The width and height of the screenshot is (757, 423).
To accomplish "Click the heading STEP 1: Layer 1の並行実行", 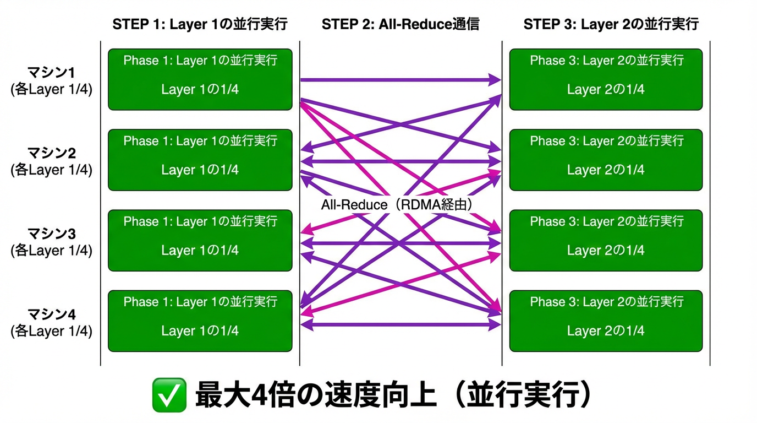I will (200, 24).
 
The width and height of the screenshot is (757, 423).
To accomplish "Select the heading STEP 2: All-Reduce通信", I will (400, 24).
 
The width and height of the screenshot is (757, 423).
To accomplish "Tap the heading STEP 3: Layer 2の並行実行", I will (611, 24).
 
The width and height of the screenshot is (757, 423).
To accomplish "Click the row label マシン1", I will (52, 73).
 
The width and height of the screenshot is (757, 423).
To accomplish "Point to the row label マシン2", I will (52, 153).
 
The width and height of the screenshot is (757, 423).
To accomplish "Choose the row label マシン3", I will (52, 234).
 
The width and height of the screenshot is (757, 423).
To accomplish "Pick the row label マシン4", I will (52, 314).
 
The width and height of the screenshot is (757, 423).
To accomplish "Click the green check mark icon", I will (169, 395).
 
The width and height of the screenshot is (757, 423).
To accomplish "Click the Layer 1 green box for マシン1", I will (200, 79).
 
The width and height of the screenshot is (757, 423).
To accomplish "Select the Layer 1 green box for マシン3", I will (200, 240).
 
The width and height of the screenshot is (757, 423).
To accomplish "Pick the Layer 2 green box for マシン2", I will (606, 160).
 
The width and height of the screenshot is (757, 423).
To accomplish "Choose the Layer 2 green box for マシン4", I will (606, 321).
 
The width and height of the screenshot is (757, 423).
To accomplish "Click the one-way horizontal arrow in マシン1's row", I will (400, 80).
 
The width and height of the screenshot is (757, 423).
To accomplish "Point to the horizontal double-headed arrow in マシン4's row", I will (400, 325).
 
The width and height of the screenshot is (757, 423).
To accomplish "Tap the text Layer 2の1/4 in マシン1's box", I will (606, 89).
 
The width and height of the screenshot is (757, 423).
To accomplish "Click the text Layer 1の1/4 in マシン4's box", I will (200, 331).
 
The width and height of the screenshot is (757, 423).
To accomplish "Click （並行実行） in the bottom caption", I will (523, 395).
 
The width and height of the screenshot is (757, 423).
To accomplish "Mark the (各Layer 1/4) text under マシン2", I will (52, 170).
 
